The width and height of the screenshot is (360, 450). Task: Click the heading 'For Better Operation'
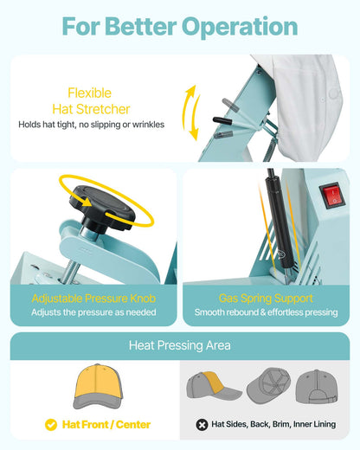pos(180,26)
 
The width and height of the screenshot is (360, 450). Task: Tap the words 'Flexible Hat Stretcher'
pos(99,100)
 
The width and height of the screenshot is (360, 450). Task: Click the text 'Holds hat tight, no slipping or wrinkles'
pos(93,125)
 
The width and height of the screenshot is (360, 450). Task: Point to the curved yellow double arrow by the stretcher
pos(191,112)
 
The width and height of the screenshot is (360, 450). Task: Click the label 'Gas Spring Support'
pos(267,297)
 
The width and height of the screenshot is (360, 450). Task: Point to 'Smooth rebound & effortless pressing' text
pos(267,312)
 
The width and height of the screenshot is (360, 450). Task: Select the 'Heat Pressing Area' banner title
pos(180,345)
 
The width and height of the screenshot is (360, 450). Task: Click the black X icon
pos(202,425)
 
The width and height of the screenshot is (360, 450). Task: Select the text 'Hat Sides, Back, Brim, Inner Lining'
pos(275,425)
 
